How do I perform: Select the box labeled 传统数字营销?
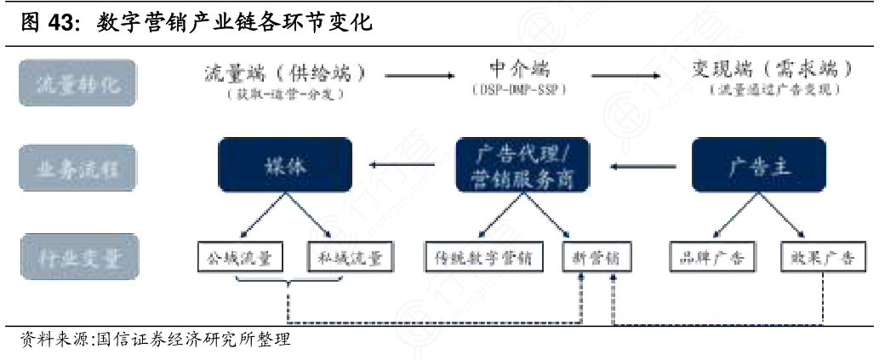tap(483, 257)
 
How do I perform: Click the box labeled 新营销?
tap(597, 257)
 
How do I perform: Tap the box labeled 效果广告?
tap(822, 257)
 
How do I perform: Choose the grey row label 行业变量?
tap(78, 256)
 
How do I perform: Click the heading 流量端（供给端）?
tap(285, 72)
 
